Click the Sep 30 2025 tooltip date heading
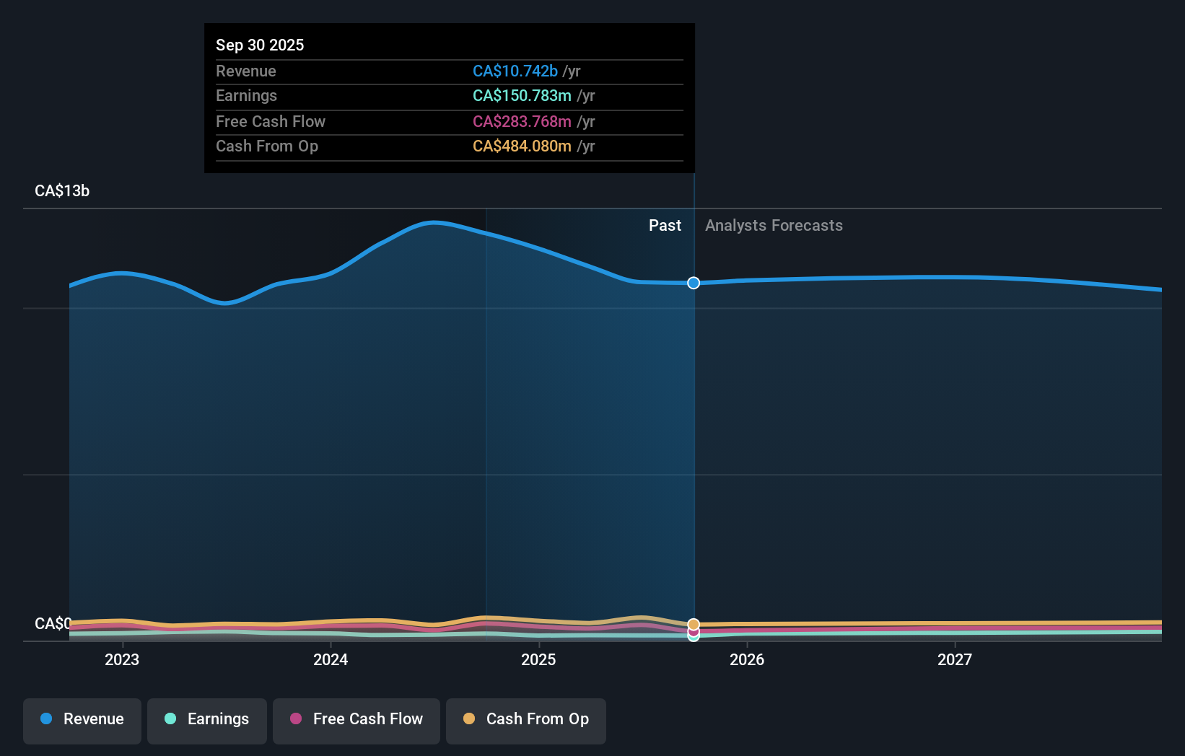[260, 45]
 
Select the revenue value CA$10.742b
[515, 71]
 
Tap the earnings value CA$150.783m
[522, 95]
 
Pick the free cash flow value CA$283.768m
[522, 121]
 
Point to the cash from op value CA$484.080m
[522, 146]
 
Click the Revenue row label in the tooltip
[245, 71]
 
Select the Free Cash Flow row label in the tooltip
[270, 121]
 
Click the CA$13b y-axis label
[62, 190]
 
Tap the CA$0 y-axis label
[53, 623]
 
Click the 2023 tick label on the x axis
[122, 659]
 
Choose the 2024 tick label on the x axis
[331, 659]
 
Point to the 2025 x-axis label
[538, 659]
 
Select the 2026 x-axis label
[747, 659]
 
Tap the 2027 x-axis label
[955, 659]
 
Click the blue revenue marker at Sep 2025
[694, 283]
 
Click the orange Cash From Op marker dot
[694, 624]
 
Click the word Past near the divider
[665, 225]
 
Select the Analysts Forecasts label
[774, 225]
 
